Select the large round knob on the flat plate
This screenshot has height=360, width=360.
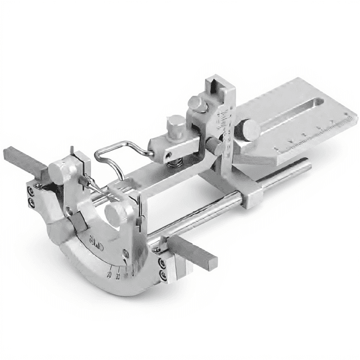click(250, 130)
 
